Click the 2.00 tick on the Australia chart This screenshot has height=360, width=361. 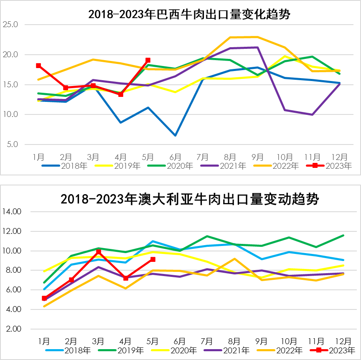tap(13, 329)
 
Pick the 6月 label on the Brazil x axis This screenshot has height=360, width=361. tap(175, 157)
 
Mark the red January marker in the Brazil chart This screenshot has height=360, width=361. tap(38, 66)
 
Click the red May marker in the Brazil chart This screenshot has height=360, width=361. tap(148, 61)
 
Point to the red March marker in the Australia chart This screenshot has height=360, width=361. tap(99, 252)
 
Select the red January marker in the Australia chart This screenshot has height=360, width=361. tap(44, 298)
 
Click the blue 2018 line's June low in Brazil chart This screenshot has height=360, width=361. tap(175, 135)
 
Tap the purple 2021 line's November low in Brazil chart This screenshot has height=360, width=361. tap(312, 114)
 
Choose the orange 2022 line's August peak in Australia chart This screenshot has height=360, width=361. tap(234, 259)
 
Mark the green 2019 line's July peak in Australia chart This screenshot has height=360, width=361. tap(207, 236)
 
